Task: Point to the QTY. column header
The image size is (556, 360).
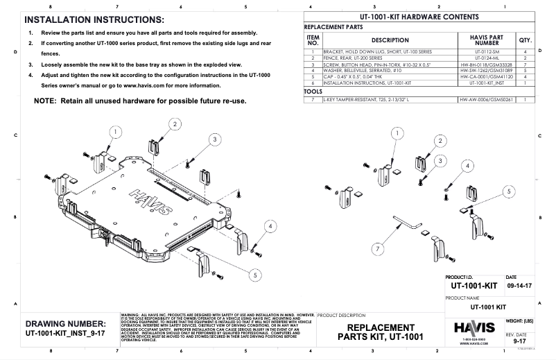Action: click(525, 40)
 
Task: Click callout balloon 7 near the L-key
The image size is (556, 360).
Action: click(378, 248)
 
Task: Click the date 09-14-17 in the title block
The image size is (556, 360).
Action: click(520, 284)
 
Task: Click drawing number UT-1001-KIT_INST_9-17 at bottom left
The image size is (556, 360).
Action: click(64, 334)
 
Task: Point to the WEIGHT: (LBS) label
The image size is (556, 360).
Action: click(519, 320)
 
